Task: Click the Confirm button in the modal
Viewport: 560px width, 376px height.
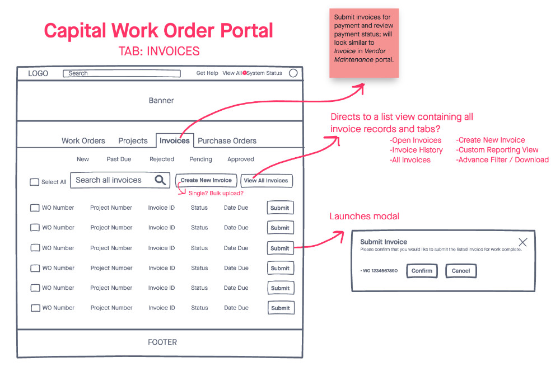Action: point(422,271)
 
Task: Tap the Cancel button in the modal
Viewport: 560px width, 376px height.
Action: point(461,271)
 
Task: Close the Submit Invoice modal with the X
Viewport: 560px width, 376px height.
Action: point(522,242)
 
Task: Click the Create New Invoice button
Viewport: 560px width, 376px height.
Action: point(206,180)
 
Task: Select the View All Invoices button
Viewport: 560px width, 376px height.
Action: point(266,181)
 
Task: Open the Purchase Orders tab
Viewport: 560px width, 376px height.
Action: point(227,141)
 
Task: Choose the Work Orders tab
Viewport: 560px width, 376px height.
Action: point(83,141)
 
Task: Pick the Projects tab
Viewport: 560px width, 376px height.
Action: point(133,141)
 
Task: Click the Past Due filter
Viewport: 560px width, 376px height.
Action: point(119,159)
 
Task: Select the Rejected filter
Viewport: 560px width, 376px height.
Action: point(162,159)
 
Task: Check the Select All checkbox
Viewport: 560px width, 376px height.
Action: point(35,182)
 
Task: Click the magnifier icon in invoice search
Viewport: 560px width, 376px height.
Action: point(160,180)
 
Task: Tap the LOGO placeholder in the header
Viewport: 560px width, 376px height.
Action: point(38,73)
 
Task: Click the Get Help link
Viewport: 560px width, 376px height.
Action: point(207,73)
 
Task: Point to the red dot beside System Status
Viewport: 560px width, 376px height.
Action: point(245,73)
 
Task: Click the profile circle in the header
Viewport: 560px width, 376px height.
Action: point(293,73)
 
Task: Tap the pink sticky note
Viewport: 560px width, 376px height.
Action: point(364,43)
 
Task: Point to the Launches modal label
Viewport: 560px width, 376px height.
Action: point(364,217)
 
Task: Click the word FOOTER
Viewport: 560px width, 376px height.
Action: point(162,342)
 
